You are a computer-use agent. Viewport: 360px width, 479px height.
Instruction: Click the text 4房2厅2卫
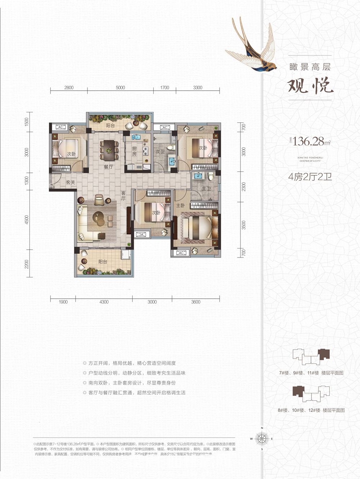[310, 177]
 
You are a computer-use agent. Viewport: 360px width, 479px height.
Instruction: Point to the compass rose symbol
[262, 438]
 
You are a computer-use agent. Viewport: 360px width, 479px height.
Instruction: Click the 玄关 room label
[71, 183]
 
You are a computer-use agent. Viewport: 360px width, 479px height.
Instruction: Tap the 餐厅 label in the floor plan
[108, 167]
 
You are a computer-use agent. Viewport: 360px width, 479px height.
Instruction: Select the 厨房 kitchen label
[134, 151]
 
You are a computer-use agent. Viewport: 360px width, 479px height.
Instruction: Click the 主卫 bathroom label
[206, 188]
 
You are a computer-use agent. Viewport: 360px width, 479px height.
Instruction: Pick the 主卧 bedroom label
[181, 205]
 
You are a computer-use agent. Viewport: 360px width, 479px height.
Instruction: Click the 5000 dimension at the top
[120, 88]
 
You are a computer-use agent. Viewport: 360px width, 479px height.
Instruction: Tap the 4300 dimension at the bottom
[104, 302]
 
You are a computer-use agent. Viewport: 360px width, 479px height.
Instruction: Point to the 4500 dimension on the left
[26, 220]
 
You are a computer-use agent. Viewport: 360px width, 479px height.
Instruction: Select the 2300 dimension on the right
[244, 187]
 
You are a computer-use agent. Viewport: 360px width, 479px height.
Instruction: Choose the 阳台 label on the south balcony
[103, 262]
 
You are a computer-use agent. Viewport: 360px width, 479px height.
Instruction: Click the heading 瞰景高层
[310, 66]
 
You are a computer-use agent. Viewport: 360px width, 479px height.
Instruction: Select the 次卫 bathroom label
[160, 152]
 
